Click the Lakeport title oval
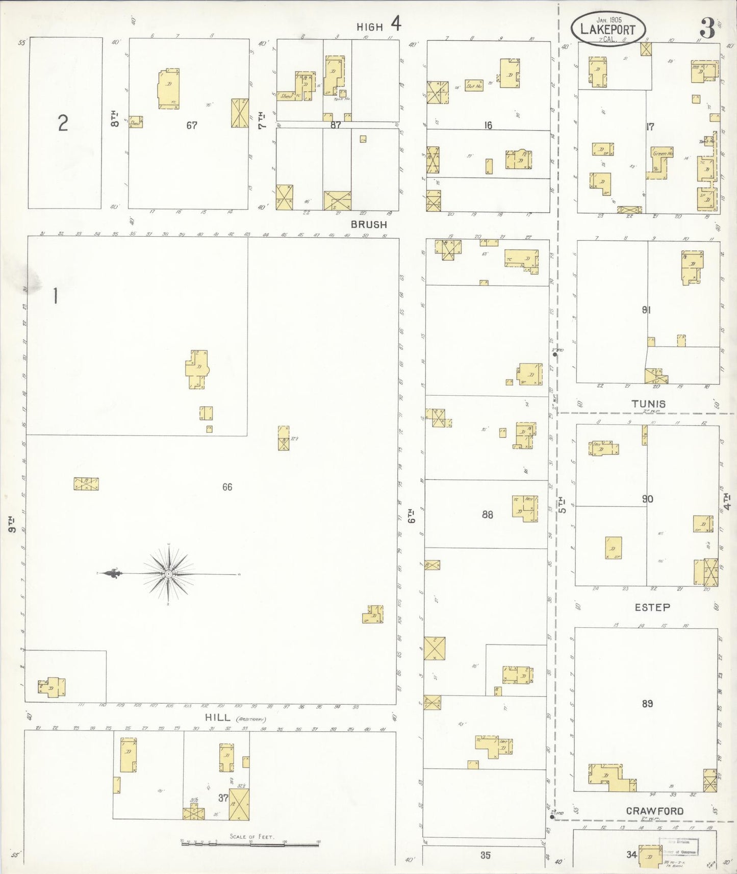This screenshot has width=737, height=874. (x=607, y=30)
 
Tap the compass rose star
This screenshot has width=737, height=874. (x=168, y=574)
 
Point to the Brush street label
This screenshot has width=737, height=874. (x=369, y=224)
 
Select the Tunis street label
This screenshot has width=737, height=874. (x=648, y=404)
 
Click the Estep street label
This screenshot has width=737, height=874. (x=652, y=607)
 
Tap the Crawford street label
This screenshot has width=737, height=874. (x=655, y=811)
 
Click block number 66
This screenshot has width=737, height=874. (x=227, y=487)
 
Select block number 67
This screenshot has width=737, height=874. (x=191, y=125)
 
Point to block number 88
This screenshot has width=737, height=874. (x=487, y=515)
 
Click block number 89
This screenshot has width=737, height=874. (x=647, y=704)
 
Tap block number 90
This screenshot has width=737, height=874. (x=647, y=499)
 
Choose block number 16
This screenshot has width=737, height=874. (x=488, y=125)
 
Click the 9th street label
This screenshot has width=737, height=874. (x=12, y=526)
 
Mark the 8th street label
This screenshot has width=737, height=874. (x=115, y=120)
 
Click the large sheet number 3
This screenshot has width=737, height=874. (x=707, y=29)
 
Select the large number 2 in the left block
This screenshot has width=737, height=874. (x=63, y=123)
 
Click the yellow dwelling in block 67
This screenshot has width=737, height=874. (x=168, y=88)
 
